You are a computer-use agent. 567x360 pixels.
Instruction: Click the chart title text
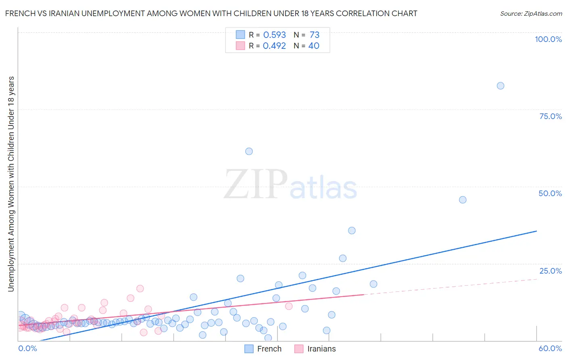coord(211,13)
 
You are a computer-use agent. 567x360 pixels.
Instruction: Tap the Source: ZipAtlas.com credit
coord(531,13)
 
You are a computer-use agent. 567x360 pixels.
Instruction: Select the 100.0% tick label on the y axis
coord(548,39)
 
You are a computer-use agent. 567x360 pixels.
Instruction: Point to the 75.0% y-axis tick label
coord(550,116)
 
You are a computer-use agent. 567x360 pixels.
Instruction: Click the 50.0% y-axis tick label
coord(550,193)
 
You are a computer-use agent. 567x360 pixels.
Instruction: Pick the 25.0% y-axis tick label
coord(550,271)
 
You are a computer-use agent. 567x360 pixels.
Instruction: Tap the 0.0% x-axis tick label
coord(28,348)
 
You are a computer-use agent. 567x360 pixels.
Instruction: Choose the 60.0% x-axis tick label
coord(550,348)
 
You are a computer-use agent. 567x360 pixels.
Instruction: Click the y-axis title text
coord(11,184)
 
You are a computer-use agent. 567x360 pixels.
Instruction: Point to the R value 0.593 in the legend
coord(274,35)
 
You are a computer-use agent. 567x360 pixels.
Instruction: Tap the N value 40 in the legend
coord(314,46)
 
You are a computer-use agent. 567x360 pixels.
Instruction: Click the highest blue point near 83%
coord(500,86)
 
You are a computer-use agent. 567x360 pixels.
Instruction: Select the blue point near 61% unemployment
coord(249,151)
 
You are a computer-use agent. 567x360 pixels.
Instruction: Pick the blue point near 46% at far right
coord(463,200)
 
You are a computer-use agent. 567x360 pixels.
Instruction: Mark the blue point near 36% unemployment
coord(352,230)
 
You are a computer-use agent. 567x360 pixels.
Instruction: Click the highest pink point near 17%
coord(140,289)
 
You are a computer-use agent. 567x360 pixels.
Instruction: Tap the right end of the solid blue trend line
coord(536,231)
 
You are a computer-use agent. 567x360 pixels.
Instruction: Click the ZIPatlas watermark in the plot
coord(290,185)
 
